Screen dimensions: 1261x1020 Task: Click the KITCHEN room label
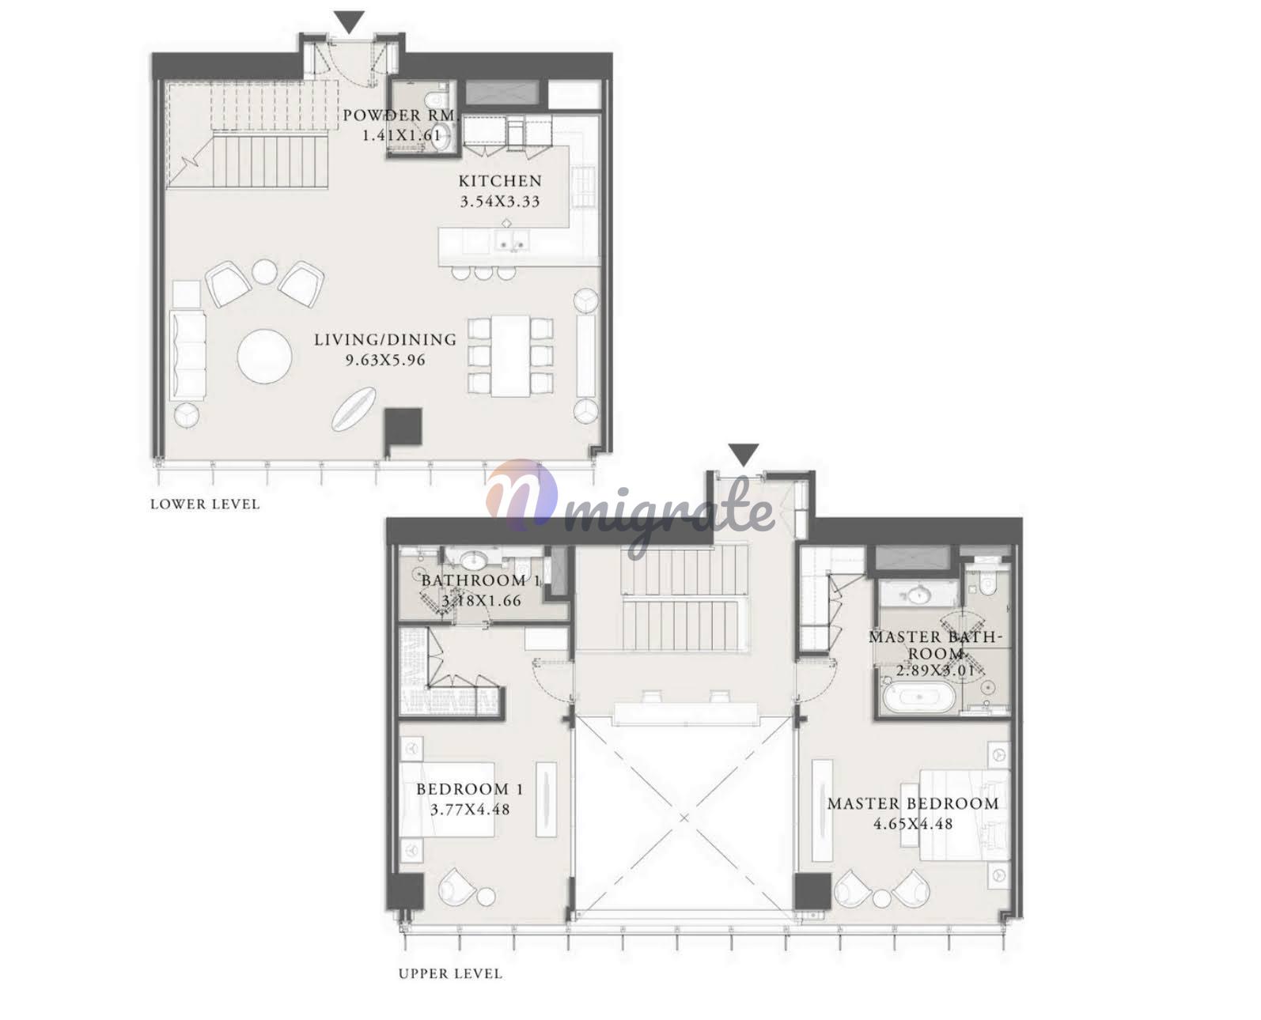pos(500,180)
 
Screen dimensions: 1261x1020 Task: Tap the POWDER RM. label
pos(400,115)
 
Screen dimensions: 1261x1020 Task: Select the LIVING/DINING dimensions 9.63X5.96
pos(385,360)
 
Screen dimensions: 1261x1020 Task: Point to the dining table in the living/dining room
pos(510,356)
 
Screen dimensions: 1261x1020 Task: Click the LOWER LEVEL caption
pos(205,504)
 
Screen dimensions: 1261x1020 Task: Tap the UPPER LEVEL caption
pos(450,973)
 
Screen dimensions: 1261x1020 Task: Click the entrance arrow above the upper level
pos(743,455)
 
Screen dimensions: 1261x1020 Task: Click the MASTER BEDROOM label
pos(913,803)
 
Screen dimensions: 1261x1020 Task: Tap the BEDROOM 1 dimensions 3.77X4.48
pos(470,810)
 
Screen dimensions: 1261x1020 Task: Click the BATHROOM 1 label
pos(481,580)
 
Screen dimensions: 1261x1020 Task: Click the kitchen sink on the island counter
pos(513,242)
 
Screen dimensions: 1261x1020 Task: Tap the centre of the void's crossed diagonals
pos(684,818)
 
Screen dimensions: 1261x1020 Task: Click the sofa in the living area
pos(188,356)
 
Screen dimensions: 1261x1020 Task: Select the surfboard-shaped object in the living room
pos(354,410)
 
